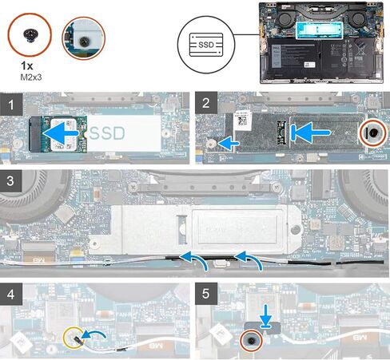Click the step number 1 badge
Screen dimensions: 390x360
tap(11, 104)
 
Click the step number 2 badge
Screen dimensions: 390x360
tap(206, 103)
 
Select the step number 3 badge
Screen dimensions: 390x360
tap(10, 181)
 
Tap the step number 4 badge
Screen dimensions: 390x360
tap(11, 295)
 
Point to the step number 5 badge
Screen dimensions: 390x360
tap(206, 294)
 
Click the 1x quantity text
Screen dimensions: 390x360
tap(27, 65)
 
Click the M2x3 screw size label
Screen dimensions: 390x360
tap(31, 77)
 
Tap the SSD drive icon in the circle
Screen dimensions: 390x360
tap(206, 45)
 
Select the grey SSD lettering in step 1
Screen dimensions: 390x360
tap(107, 133)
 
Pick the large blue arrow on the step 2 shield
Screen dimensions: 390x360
tap(311, 133)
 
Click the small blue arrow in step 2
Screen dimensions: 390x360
tap(229, 143)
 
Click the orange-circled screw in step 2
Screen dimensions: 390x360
tap(372, 133)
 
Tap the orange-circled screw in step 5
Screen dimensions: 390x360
tap(252, 341)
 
